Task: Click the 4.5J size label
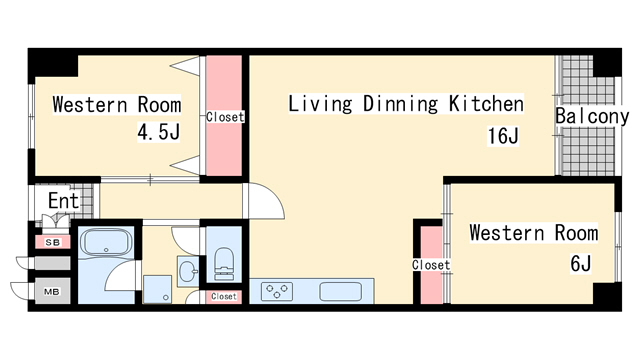pos(158,132)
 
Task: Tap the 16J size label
pos(503,136)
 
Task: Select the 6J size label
pos(580,263)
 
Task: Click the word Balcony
pos(592,116)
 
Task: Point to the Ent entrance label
pos(63,201)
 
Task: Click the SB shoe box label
pos(53,242)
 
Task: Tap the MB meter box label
pos(52,292)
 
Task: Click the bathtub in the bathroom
pos(106,242)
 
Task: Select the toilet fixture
pos(224,264)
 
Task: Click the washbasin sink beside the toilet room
pos(188,271)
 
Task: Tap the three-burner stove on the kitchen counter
pos(277,291)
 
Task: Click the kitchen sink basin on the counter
pos(341,291)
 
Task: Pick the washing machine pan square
pos(158,289)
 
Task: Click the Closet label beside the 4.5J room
pos(225,117)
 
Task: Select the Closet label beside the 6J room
pos(431,265)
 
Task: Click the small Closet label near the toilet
pos(224,296)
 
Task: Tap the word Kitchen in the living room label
pos(486,104)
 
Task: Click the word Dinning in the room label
pos(400,104)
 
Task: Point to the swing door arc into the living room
pos(274,195)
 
